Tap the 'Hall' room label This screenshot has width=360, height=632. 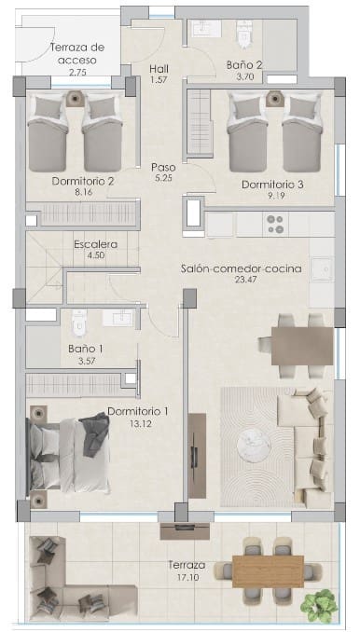(158, 68)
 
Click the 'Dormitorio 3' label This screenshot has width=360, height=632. (272, 184)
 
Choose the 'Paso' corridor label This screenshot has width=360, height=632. (163, 168)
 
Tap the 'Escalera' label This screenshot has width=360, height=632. (95, 244)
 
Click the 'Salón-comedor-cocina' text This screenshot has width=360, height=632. (241, 269)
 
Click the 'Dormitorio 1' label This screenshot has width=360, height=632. (138, 411)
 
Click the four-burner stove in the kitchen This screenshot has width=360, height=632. (276, 224)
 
